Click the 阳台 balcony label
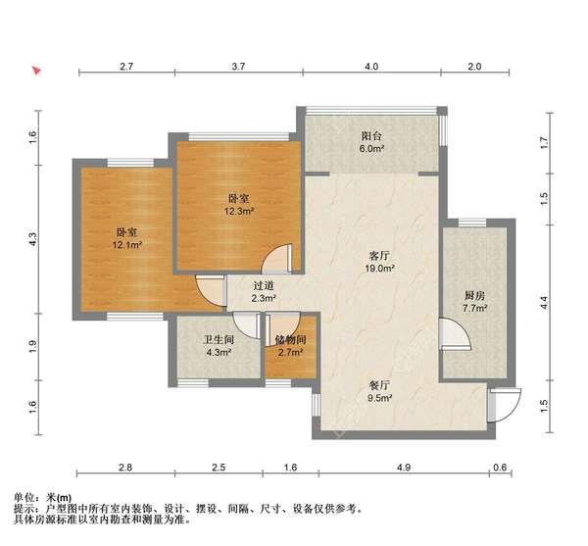pos(370,136)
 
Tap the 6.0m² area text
pos(370,150)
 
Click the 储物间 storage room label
pos(290,339)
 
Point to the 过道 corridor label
pos(263,284)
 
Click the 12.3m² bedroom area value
pos(239,210)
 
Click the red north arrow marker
pos(35,71)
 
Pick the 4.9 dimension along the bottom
pos(403,469)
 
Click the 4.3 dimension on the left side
pos(32,237)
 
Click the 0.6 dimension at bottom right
pos(502,469)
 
